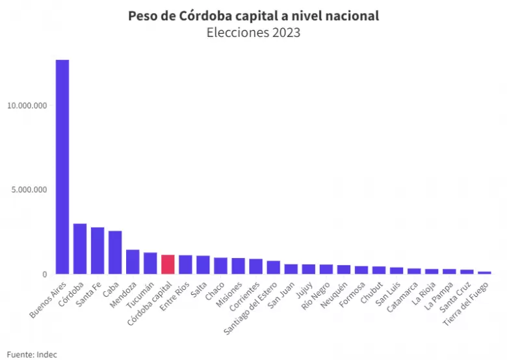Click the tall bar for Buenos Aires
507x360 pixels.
(62, 167)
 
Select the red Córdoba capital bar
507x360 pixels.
(168, 264)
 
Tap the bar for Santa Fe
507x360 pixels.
(97, 251)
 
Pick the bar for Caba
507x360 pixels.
(115, 252)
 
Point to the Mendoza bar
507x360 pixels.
(133, 262)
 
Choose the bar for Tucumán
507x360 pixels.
(150, 263)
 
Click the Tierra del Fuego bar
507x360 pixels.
(484, 273)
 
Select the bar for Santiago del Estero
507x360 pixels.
(274, 267)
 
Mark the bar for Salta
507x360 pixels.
(203, 264)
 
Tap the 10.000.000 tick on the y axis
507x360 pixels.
(27, 106)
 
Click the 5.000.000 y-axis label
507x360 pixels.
(29, 190)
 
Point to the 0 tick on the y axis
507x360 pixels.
(45, 274)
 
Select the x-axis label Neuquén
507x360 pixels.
(334, 295)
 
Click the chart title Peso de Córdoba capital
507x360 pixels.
(205, 16)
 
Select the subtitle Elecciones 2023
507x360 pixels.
(253, 32)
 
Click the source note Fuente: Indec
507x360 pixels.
(32, 354)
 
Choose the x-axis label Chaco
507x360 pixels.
(215, 291)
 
